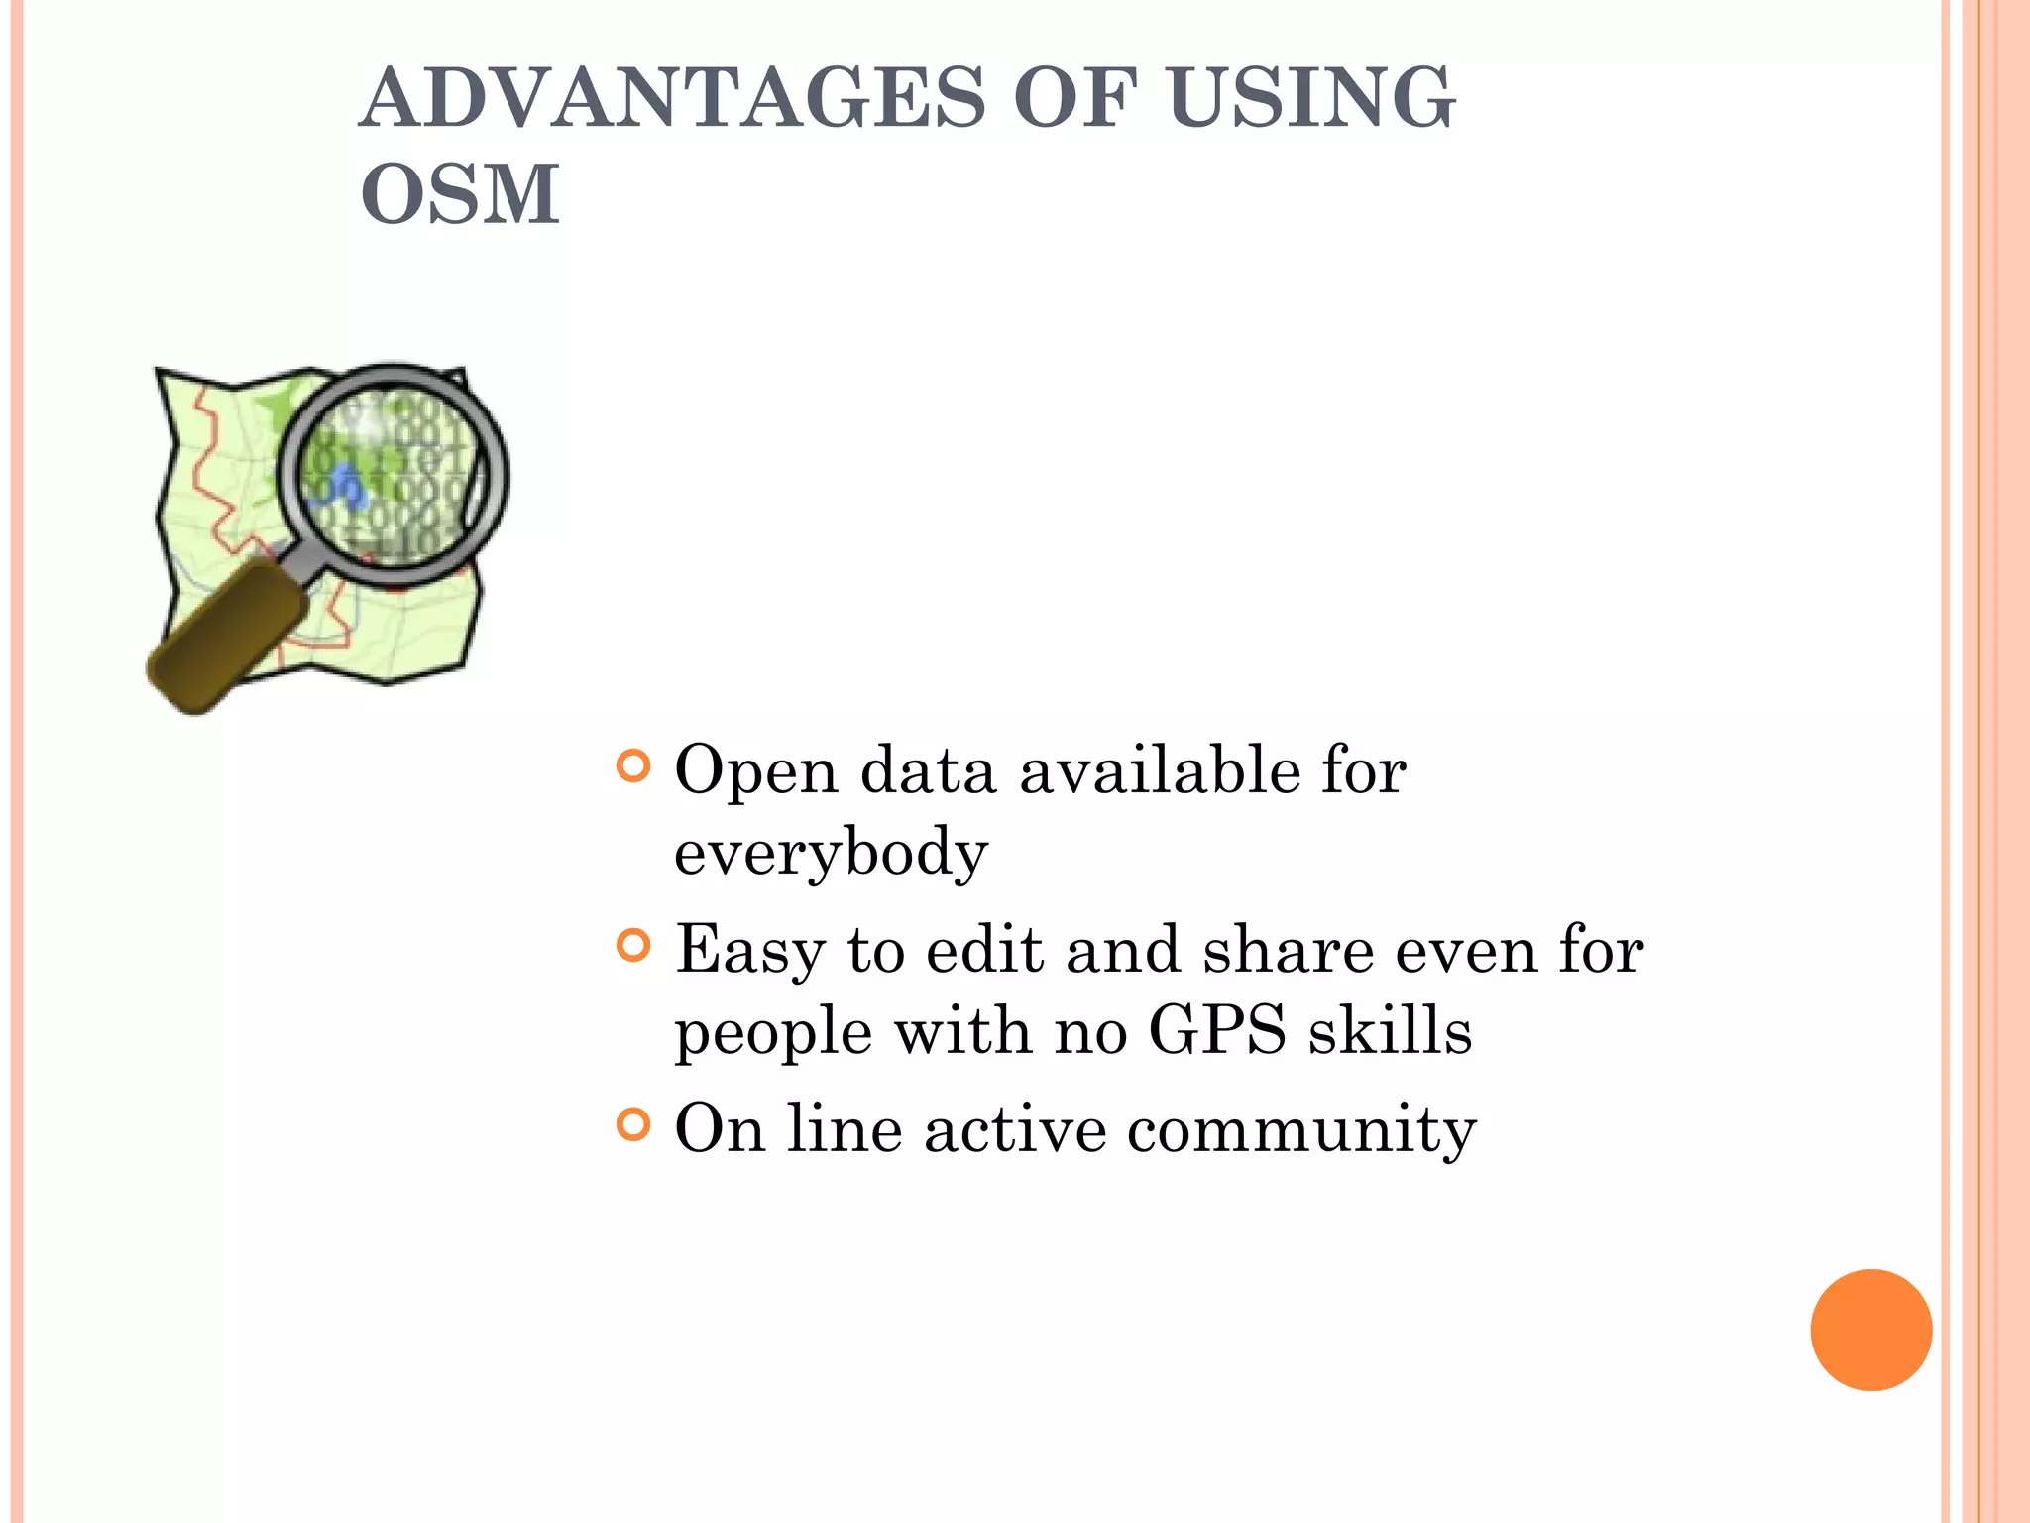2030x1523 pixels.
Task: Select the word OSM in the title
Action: point(460,193)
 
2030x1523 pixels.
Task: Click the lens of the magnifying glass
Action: point(392,475)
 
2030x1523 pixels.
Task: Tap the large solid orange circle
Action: point(1870,1330)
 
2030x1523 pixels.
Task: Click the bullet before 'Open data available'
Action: point(632,765)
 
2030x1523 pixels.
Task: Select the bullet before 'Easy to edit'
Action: point(632,945)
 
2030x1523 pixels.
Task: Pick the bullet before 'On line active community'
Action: point(632,1124)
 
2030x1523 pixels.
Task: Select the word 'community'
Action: point(1301,1129)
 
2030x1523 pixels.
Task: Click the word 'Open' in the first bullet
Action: point(755,771)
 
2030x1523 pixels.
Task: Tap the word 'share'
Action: point(1288,950)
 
